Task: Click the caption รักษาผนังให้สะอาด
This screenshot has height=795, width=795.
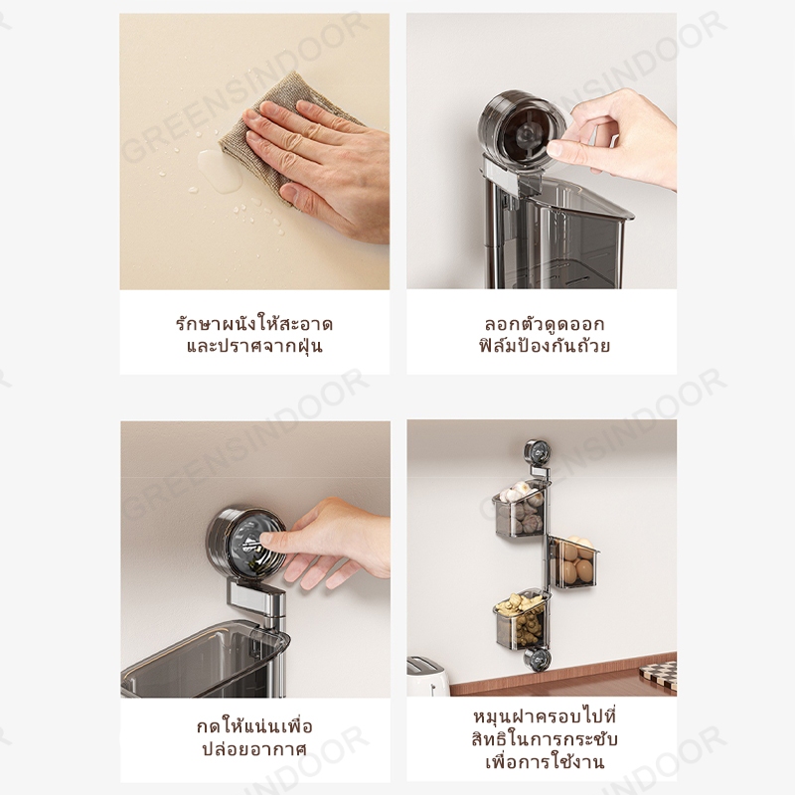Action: (254, 324)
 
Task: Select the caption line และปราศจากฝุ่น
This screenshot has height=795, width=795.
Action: (254, 346)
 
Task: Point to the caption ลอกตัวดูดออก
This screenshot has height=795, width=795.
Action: (544, 324)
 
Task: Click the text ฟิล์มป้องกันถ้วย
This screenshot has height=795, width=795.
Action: (544, 345)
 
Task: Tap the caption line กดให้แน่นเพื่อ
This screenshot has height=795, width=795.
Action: (254, 726)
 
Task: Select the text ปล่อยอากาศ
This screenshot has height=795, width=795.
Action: (254, 749)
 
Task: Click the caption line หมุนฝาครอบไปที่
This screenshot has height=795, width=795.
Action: (544, 716)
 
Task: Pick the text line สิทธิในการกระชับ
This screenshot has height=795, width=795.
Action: (544, 739)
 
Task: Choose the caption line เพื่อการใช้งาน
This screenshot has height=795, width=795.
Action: (544, 762)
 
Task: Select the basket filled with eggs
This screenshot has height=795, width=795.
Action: (575, 561)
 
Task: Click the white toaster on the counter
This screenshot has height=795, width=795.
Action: (428, 677)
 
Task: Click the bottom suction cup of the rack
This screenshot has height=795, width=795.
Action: (537, 659)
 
